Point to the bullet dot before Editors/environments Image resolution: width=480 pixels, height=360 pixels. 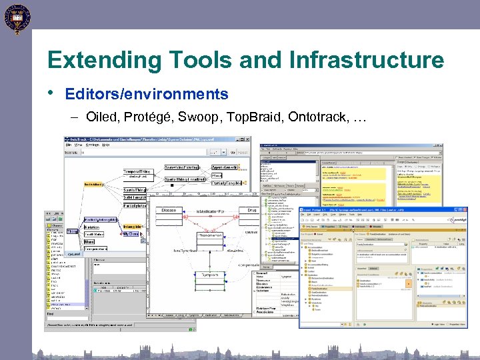coord(51,93)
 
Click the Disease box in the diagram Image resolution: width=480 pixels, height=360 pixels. coord(169,210)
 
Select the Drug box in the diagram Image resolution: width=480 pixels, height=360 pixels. coord(251,210)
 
